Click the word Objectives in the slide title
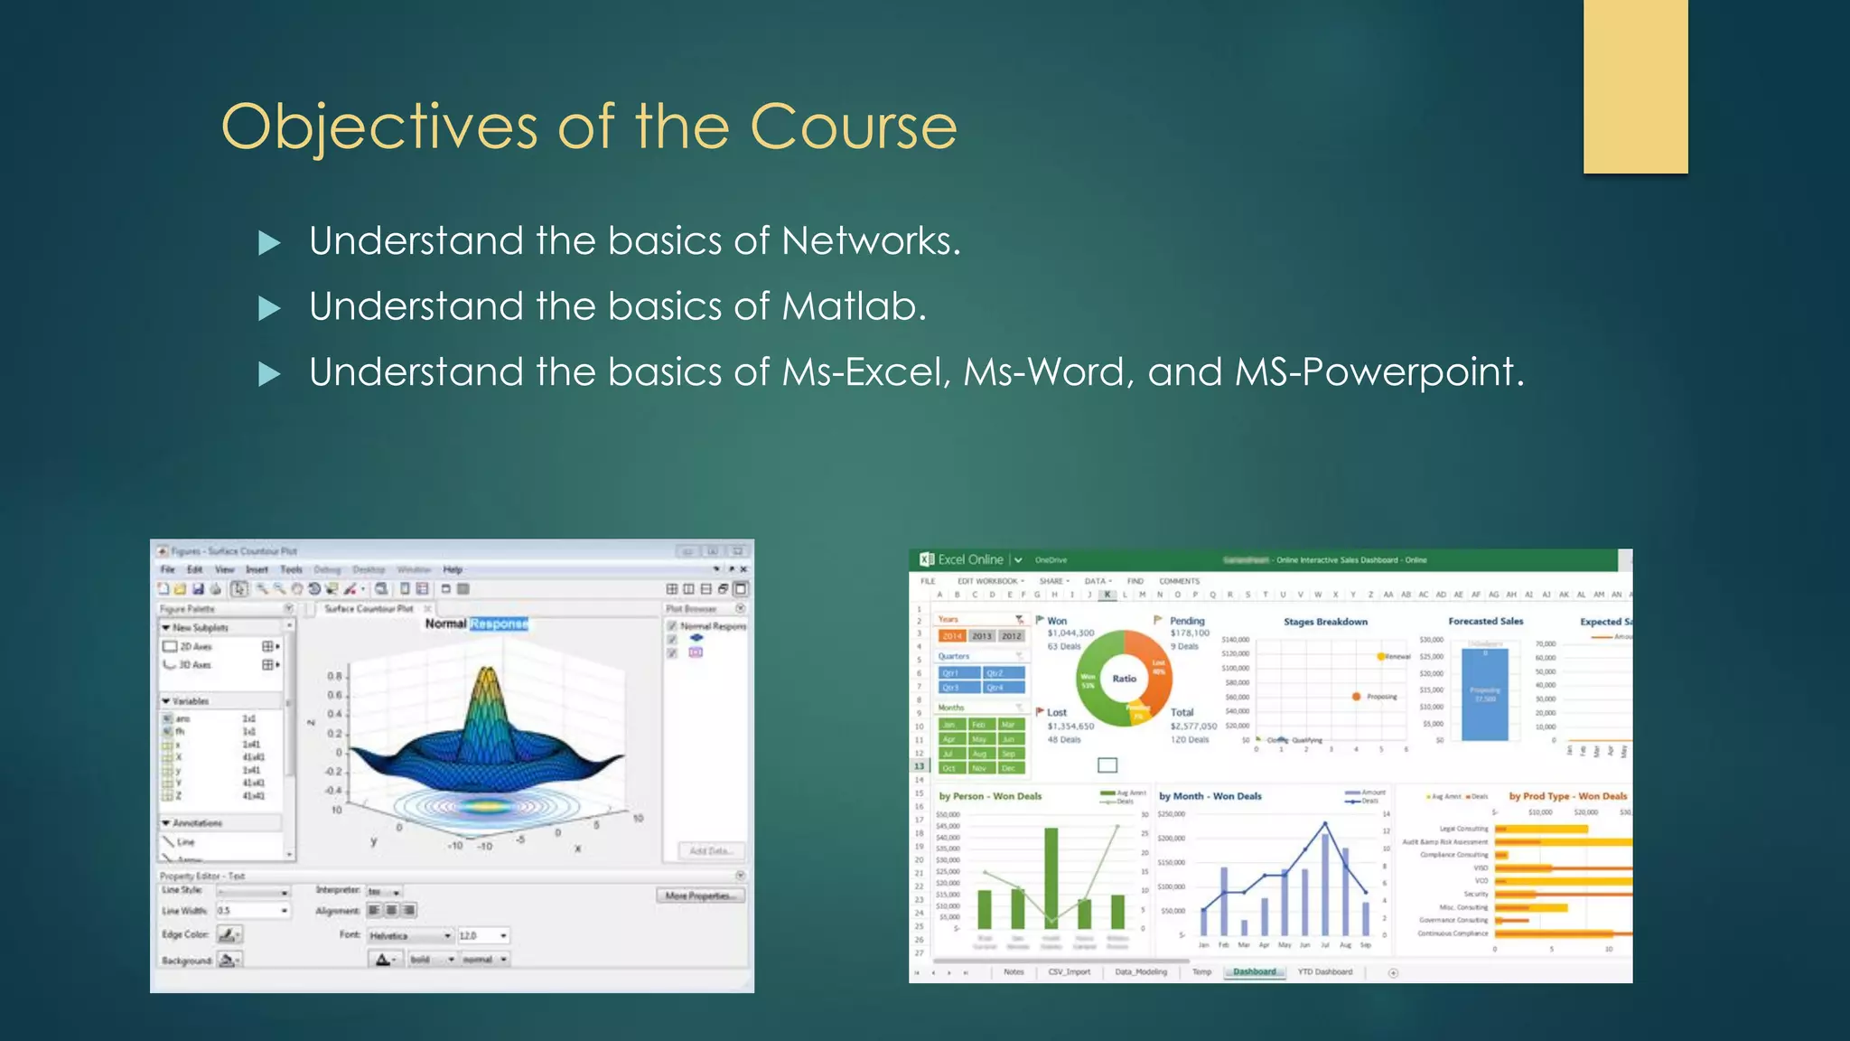[x=379, y=127]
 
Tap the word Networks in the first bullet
[x=870, y=241]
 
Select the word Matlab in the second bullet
[x=854, y=307]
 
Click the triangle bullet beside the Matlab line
[x=269, y=309]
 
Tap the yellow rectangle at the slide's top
[x=1635, y=86]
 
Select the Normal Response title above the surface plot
[x=476, y=624]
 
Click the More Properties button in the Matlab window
[x=700, y=896]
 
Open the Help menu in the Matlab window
[x=453, y=569]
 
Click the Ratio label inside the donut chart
[x=1124, y=679]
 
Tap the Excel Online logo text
[x=969, y=559]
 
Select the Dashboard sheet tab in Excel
[x=1255, y=972]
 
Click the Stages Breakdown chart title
[x=1325, y=622]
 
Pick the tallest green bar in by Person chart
[x=1051, y=877]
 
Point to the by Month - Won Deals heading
[x=1210, y=796]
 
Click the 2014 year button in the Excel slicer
[x=952, y=636]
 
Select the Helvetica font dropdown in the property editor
[x=408, y=935]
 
